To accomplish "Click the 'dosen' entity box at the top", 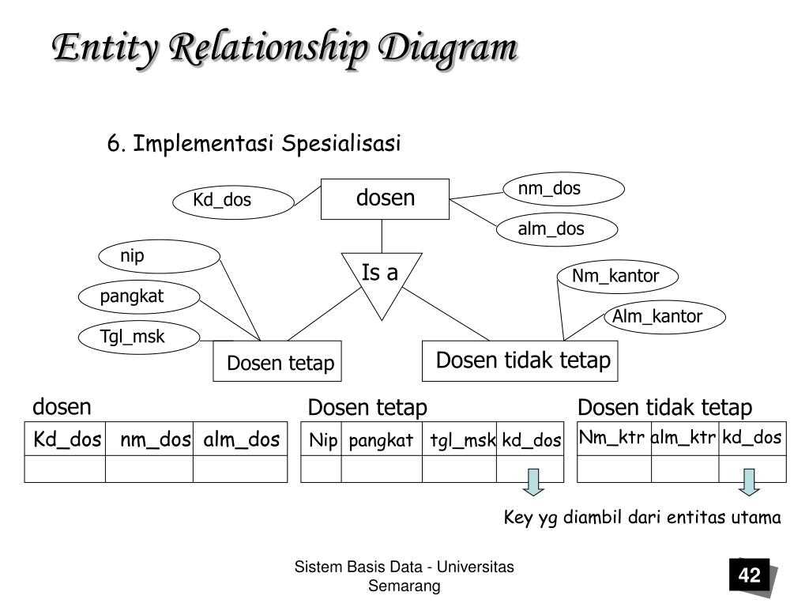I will [385, 198].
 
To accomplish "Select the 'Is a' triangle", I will [382, 278].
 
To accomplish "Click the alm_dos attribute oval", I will [557, 229].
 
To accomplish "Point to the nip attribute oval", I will [159, 255].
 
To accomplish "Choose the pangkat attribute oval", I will [139, 296].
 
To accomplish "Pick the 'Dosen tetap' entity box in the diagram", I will [278, 362].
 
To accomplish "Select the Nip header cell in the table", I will [322, 440].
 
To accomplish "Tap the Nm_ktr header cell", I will [614, 438].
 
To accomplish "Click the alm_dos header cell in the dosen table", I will [241, 439].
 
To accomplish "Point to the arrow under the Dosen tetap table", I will [534, 483].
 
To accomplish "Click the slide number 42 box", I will [749, 575].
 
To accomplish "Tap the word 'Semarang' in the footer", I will [404, 586].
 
